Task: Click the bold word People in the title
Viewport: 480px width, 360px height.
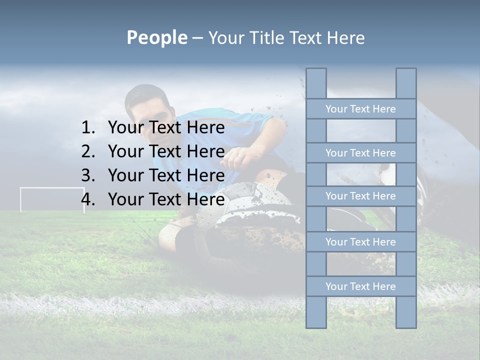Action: tap(156, 37)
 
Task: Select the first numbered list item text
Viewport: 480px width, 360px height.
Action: tap(166, 128)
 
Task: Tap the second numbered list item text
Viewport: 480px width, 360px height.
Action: tap(166, 151)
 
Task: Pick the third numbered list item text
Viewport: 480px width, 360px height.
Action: tap(166, 175)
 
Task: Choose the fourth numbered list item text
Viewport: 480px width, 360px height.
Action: tap(166, 199)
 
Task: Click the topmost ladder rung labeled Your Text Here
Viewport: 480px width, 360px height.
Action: tap(360, 109)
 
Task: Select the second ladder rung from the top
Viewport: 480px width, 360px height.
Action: tap(360, 153)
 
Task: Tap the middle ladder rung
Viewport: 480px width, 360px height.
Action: tap(360, 196)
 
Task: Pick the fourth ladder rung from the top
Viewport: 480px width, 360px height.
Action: tap(360, 242)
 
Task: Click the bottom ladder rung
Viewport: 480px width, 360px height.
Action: tap(360, 286)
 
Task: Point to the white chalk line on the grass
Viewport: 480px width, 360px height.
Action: tap(150, 302)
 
